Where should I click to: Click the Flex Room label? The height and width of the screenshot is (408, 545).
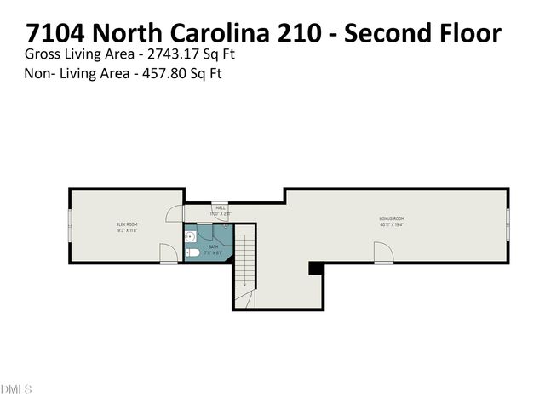(x=127, y=224)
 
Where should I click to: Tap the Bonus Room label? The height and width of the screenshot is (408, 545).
(x=392, y=218)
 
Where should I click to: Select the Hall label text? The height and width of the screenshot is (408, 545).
(x=221, y=207)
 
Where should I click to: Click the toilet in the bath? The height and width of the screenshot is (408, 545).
(x=192, y=252)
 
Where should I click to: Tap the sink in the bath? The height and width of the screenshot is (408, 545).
(x=191, y=235)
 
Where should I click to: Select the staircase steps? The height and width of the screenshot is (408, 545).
(x=244, y=259)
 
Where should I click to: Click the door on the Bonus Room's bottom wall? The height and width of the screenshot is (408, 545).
(x=382, y=252)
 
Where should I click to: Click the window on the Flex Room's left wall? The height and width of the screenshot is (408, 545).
(x=70, y=225)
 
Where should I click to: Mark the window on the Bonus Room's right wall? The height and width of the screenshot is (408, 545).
(x=508, y=225)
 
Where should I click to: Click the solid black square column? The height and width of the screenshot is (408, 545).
(x=315, y=268)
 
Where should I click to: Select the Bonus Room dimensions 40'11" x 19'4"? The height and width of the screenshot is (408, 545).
(x=392, y=224)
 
